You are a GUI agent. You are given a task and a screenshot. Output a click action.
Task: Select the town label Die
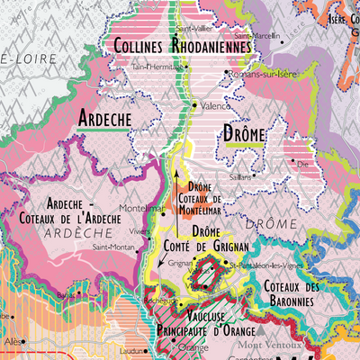304,166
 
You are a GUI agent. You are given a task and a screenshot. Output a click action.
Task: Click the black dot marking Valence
194,105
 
